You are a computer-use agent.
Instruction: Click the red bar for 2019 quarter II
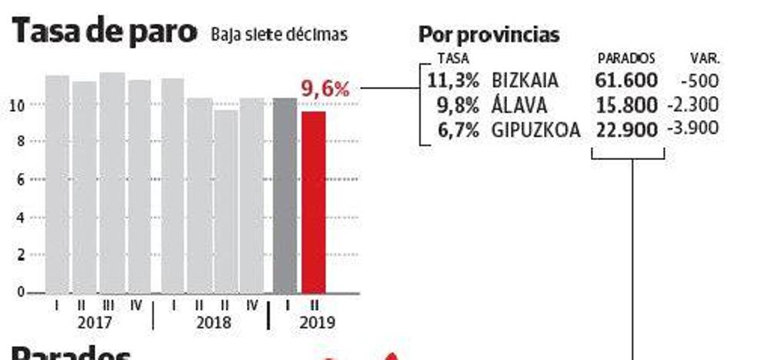(313, 202)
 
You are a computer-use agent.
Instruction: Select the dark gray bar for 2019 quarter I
(285, 195)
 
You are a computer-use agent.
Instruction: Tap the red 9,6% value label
(325, 90)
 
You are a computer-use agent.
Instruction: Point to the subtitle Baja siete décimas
(278, 35)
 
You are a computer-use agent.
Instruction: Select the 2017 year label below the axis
(95, 322)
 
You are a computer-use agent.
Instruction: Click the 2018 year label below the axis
(213, 322)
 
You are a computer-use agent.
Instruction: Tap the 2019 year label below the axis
(315, 322)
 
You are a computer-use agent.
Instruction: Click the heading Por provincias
(489, 35)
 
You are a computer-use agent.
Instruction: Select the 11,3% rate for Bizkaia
(454, 79)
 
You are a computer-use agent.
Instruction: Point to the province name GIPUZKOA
(539, 128)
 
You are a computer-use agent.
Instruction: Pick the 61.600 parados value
(626, 79)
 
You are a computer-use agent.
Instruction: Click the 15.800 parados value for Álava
(626, 104)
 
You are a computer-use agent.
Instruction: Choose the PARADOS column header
(626, 58)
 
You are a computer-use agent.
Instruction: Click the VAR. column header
(705, 58)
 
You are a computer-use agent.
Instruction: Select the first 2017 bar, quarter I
(58, 183)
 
